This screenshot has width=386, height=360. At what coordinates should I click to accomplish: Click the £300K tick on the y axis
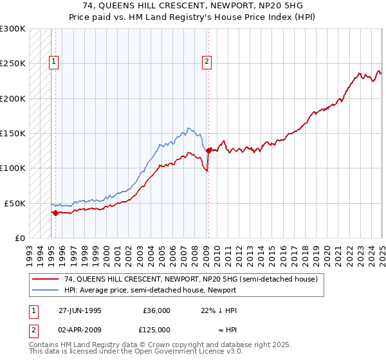tap(13, 29)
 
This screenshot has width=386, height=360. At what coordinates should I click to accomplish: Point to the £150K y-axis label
tap(13, 133)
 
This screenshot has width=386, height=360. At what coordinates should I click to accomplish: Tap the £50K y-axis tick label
tap(15, 203)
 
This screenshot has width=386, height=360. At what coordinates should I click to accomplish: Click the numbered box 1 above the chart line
tap(53, 62)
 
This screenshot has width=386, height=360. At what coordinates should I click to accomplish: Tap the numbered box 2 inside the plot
tap(207, 62)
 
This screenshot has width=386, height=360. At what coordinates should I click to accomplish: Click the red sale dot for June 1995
tap(56, 213)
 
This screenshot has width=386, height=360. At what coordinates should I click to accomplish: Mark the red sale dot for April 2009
tap(208, 151)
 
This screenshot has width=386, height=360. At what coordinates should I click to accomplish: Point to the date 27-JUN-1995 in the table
tap(80, 310)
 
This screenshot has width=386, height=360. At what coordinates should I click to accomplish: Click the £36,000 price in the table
tap(156, 310)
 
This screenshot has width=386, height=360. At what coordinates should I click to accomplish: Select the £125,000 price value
tap(156, 330)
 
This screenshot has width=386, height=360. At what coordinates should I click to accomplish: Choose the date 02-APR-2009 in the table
tap(80, 330)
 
